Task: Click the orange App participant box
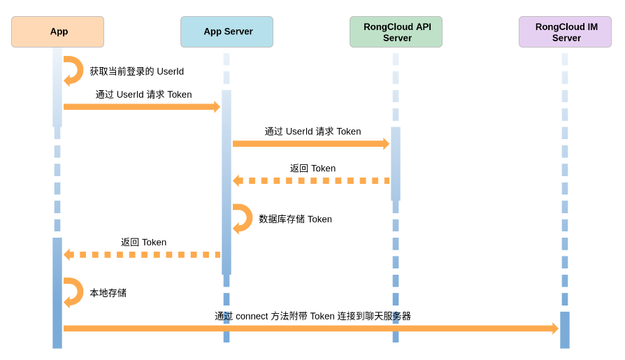(57, 31)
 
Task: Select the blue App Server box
(227, 31)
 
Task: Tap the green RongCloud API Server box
(396, 31)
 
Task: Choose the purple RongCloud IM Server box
(565, 31)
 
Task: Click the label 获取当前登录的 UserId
(136, 71)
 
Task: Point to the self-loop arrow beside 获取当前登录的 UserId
(73, 71)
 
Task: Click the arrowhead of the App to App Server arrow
(217, 107)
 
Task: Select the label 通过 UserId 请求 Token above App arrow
(143, 94)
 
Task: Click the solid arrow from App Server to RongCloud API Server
(308, 144)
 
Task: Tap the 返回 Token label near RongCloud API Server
(312, 168)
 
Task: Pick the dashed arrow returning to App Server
(311, 181)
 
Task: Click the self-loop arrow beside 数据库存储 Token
(243, 219)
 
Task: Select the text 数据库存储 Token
(295, 219)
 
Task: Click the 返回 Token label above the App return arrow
(143, 243)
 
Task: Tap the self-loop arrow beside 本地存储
(73, 292)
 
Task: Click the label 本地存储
(108, 293)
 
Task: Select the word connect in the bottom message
(252, 316)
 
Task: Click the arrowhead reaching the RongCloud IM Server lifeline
(555, 329)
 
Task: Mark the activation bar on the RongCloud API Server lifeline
(396, 163)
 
